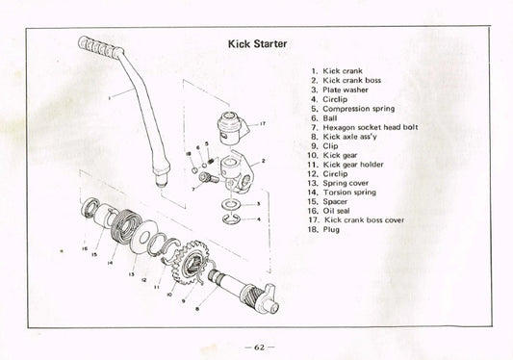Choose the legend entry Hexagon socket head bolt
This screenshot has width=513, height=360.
[366, 127]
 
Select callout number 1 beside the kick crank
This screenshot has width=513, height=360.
[109, 96]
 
